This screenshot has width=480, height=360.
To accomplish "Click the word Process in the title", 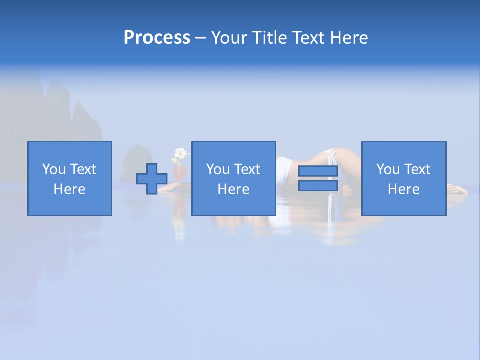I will tap(157, 38).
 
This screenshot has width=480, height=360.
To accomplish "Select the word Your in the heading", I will tap(229, 38).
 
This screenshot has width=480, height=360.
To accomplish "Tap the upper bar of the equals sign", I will tap(318, 171).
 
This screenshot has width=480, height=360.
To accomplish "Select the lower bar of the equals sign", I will tap(318, 185).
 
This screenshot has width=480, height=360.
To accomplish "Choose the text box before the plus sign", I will tap(69, 178).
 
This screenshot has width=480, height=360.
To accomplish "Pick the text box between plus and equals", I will tap(233, 178).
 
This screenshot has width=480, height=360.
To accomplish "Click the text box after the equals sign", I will tap(403, 178).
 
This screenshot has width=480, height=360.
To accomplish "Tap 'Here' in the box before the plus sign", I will tap(69, 189).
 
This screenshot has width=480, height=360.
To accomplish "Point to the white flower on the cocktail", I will tap(180, 153).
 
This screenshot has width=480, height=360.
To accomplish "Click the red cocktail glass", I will tap(180, 173).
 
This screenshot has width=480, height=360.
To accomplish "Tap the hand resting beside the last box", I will tap(457, 189).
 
